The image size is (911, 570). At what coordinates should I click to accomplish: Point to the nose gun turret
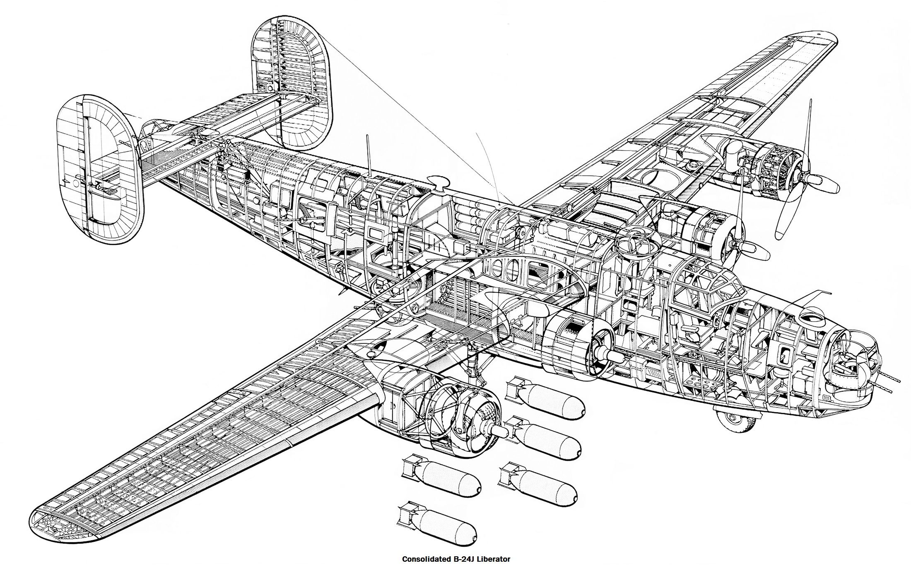[x=849, y=365]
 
